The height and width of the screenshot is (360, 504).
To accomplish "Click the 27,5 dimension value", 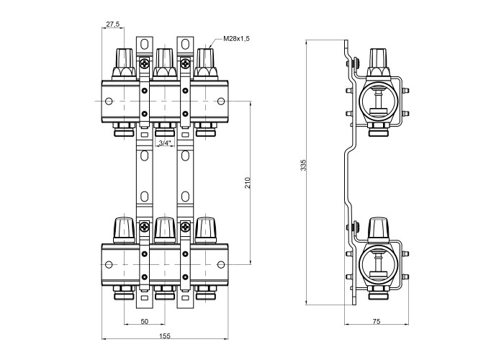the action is pos(113,24).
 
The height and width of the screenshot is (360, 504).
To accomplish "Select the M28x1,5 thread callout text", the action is pos(237,39).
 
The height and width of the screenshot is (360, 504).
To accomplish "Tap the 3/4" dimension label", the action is pos(165,143).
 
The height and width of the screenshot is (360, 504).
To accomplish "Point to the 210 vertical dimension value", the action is pos(248,183).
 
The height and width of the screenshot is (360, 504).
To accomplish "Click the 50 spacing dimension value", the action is pos(144,321).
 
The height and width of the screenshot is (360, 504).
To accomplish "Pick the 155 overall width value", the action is pos(165,336).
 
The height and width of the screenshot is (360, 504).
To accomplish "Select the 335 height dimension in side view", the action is pos(303,165).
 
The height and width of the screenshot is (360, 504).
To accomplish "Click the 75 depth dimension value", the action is pos(377,321).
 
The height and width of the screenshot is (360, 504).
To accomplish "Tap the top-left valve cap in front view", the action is pos(124,63).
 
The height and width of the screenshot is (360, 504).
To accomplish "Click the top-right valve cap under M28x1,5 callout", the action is pos(206,63).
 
